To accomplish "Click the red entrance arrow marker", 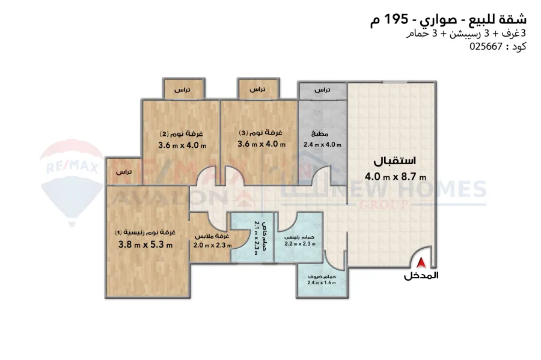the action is click(421, 263).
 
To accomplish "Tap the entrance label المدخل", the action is click(421, 275).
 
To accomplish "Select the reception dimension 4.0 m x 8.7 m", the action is click(396, 177).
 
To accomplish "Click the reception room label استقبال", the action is click(395, 161).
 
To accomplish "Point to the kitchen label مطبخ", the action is click(320, 134).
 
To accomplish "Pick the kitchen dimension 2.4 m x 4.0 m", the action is click(322, 145).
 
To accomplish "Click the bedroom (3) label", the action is click(260, 132).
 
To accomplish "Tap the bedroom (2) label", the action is click(182, 134).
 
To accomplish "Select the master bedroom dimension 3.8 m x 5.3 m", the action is click(145, 245).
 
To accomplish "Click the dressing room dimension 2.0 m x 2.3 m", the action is click(213, 246).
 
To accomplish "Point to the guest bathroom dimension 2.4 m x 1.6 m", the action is click(322, 282).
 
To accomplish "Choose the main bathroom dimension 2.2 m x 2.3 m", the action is click(300, 244).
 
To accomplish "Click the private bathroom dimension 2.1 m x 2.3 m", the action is click(256, 237).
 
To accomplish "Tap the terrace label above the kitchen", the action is click(322, 90).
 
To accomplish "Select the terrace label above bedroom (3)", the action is click(257, 90).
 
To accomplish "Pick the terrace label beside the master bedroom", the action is click(123, 172).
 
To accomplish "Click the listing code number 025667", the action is click(486, 46).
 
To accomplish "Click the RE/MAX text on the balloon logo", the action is click(72, 168).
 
